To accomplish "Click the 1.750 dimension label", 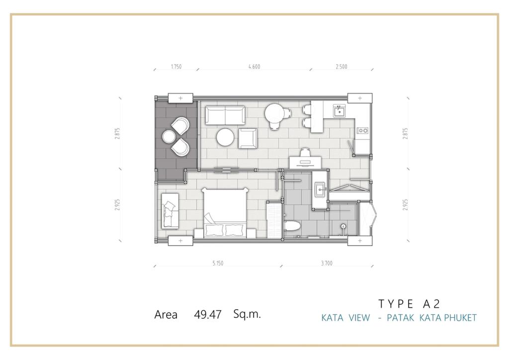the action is click(176, 67).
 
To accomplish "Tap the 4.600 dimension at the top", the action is click(254, 67).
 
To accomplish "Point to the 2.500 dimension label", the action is click(341, 67).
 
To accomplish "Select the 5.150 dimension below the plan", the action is click(218, 263).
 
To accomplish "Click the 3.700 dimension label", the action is click(327, 263).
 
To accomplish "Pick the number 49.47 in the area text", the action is click(208, 315).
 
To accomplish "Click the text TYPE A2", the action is click(409, 304).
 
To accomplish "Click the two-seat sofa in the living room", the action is click(225, 115).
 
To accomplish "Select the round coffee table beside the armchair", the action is click(225, 137).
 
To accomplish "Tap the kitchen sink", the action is click(339, 111).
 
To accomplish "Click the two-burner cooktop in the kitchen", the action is click(362, 130).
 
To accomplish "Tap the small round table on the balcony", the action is click(169, 137).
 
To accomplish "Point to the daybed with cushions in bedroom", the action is click(170, 210).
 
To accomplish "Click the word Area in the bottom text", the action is click(166, 315).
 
